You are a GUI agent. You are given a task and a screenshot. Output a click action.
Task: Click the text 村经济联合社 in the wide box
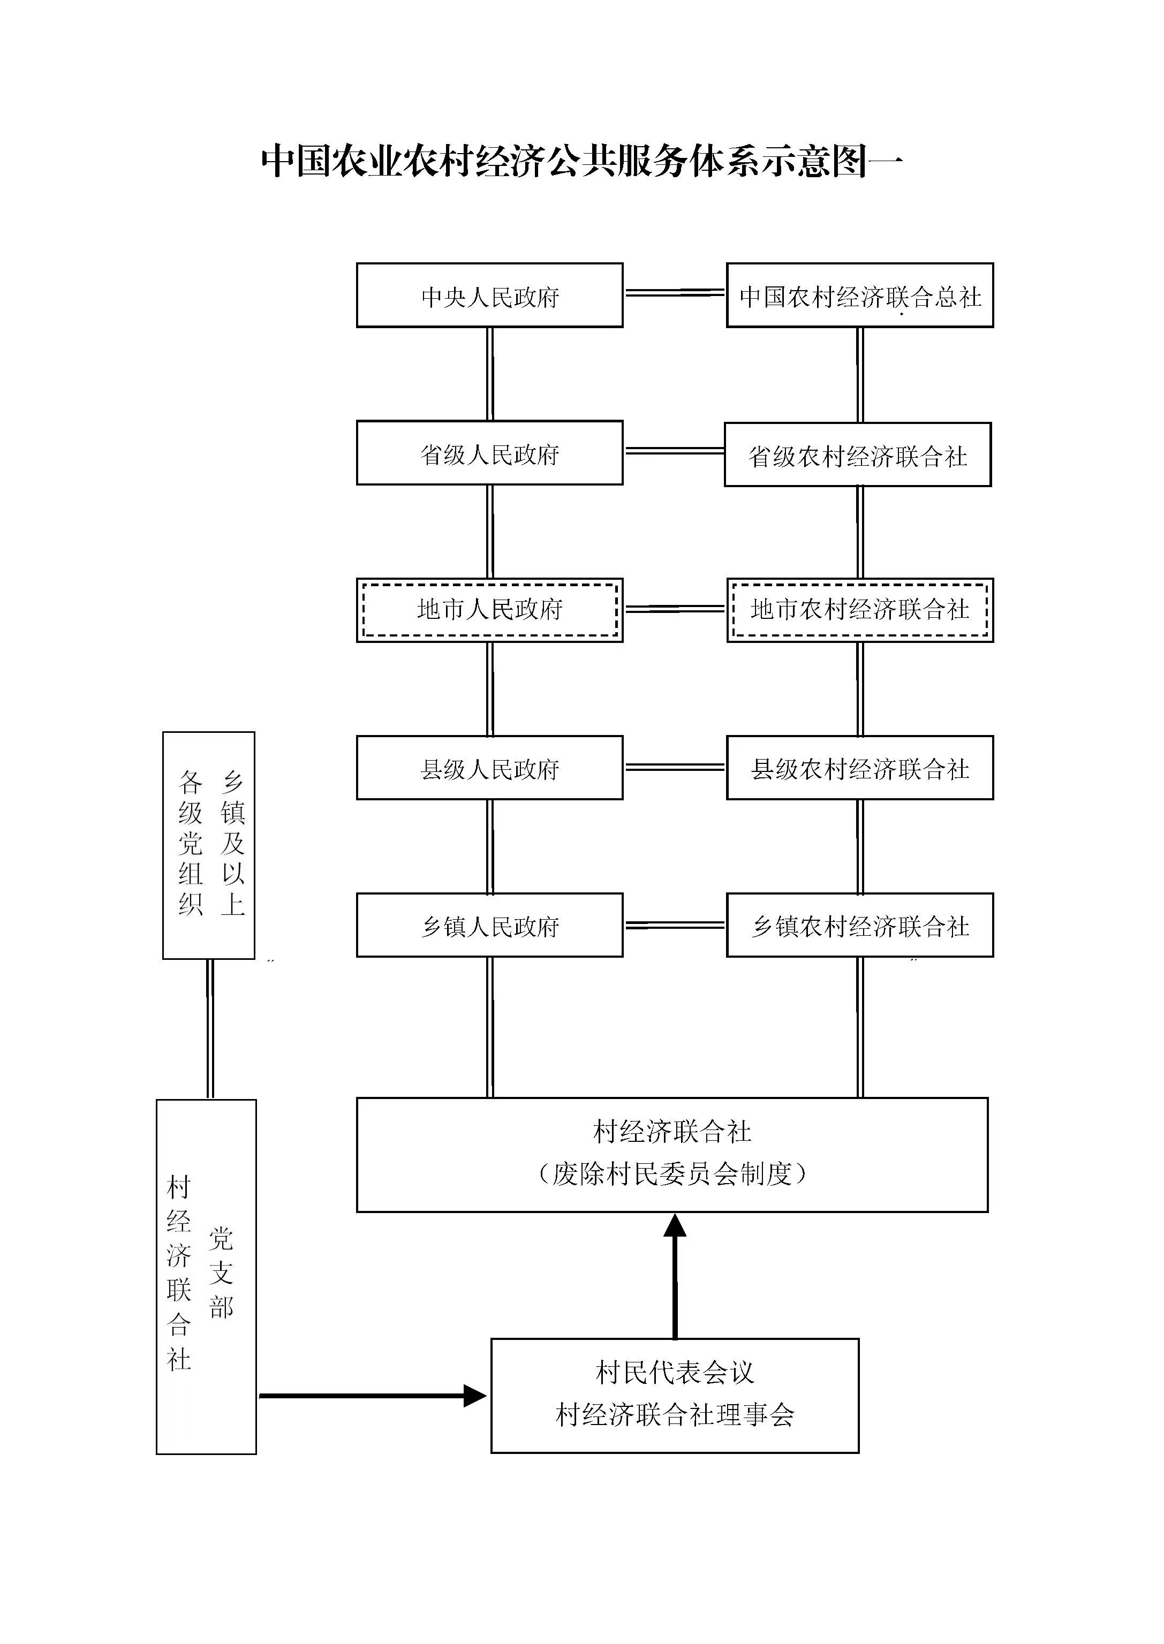point(672,1132)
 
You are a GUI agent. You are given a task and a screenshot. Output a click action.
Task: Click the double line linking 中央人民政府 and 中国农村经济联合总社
point(675,292)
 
